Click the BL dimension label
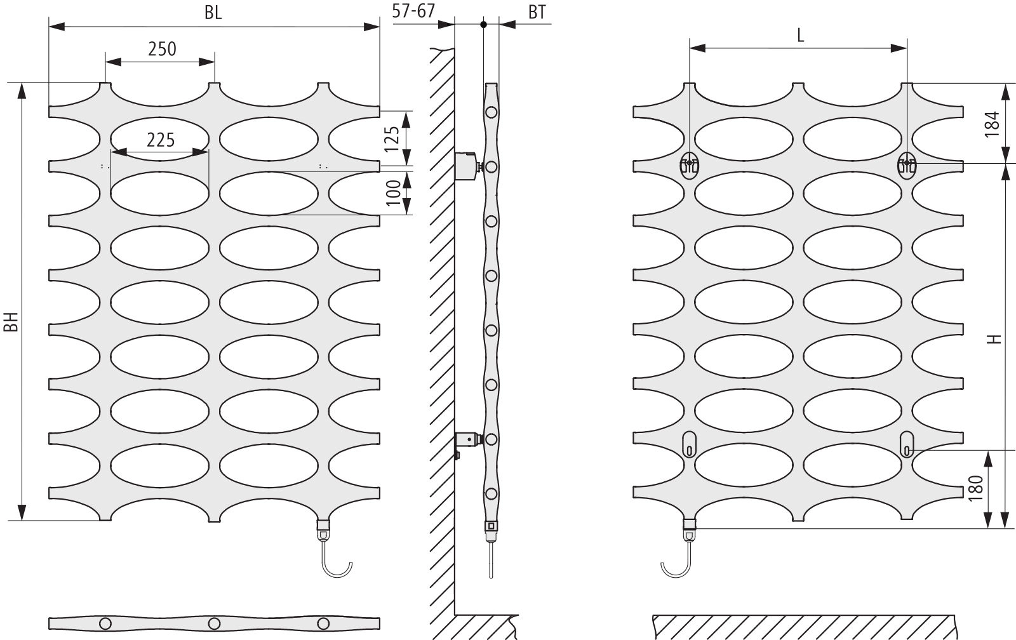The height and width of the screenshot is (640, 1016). coord(213,13)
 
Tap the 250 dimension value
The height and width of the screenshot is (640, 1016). coord(162,49)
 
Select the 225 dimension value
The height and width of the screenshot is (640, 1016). coord(161,140)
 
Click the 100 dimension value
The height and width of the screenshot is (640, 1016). coord(393,193)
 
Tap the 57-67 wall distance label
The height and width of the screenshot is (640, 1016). coord(413,11)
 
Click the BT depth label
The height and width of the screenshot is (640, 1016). coord(537,13)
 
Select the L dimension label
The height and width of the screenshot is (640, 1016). coord(801,36)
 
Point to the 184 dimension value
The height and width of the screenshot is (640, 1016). coord(993,124)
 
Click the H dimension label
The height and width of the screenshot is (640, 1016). coord(994,339)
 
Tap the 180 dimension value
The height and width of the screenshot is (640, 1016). coord(975,488)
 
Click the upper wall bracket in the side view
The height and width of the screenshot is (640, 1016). coord(466,166)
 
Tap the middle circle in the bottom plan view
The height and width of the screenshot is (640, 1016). coord(214,623)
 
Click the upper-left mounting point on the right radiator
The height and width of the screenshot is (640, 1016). coord(690,165)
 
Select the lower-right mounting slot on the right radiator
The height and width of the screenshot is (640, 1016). coord(907,444)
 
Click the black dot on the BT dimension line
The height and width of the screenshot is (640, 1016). coord(483,25)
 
